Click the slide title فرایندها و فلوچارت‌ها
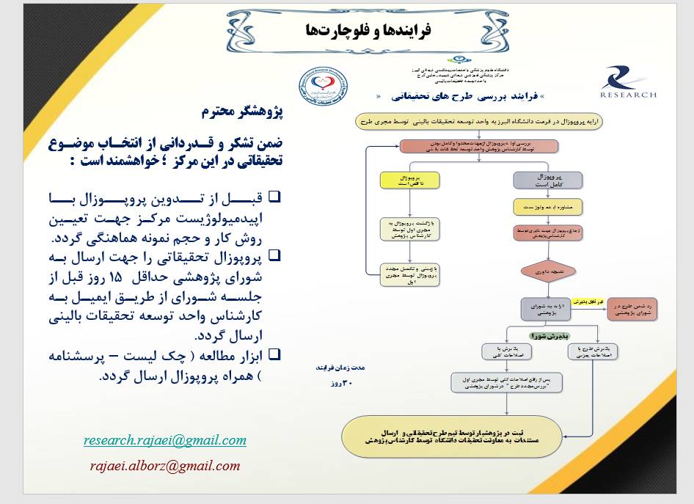(x=367, y=30)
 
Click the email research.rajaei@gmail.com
(x=164, y=440)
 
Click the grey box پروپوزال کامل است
(x=548, y=180)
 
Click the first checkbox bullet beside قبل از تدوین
(x=275, y=197)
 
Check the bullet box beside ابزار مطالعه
(x=275, y=354)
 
